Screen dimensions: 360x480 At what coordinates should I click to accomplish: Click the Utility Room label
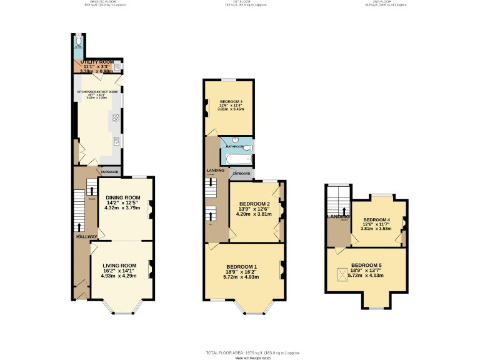coord(96,62)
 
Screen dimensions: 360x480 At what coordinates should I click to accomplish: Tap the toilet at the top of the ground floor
coord(77,42)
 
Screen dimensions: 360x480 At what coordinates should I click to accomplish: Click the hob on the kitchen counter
coord(116,117)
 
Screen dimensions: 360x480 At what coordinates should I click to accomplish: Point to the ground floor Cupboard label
coord(109,171)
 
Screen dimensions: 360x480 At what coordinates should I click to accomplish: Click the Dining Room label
coord(123,197)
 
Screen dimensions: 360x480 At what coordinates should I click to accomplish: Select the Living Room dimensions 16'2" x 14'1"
coord(119,271)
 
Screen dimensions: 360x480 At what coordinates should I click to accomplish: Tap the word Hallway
coord(86,236)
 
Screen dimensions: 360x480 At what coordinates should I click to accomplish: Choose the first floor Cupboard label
coord(241,173)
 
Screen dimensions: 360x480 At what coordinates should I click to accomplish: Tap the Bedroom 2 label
coord(254,204)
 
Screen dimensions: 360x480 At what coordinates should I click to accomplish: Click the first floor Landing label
coord(215,170)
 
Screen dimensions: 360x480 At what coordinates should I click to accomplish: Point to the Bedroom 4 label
coord(376,220)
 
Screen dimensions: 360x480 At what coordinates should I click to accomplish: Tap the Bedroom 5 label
coord(366,266)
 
